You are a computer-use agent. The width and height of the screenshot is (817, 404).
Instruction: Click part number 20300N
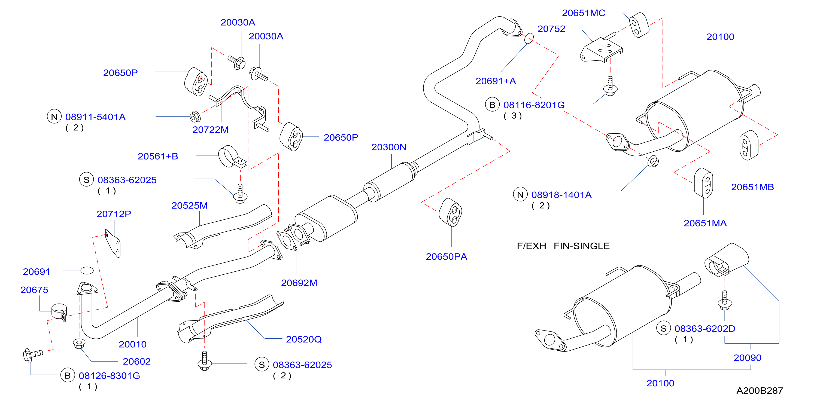click(x=388, y=147)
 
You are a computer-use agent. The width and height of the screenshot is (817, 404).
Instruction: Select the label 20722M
click(x=210, y=130)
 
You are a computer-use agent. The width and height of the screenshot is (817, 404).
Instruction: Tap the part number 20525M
click(x=189, y=205)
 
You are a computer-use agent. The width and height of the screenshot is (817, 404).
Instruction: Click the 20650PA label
click(x=446, y=256)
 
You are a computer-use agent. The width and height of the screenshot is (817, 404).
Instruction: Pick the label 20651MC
click(x=583, y=13)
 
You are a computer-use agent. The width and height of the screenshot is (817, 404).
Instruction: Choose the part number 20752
click(x=551, y=29)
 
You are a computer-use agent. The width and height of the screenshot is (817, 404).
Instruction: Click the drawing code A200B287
click(x=759, y=390)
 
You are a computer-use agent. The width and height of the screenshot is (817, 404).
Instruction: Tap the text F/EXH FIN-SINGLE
click(x=563, y=246)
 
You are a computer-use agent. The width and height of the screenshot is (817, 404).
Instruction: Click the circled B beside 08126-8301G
click(x=68, y=375)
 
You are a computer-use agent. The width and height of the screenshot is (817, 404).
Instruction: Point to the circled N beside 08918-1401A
click(x=520, y=195)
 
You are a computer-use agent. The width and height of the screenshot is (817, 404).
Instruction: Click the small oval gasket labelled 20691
click(x=87, y=270)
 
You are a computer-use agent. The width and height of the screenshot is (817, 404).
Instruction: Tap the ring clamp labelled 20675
click(x=59, y=311)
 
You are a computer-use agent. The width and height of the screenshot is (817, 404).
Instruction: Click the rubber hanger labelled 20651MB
click(x=749, y=145)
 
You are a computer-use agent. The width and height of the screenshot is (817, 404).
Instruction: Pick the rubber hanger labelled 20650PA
click(x=450, y=212)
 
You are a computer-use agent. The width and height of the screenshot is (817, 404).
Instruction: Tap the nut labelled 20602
click(x=79, y=344)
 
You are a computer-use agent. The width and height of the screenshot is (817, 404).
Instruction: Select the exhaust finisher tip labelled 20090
click(x=726, y=260)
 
